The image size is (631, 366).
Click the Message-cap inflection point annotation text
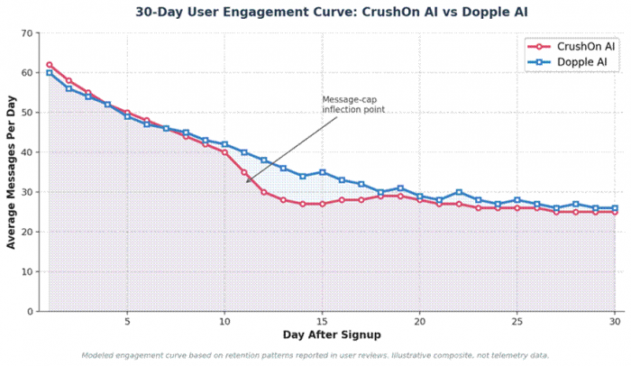click(353, 105)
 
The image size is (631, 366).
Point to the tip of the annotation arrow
click(246, 183)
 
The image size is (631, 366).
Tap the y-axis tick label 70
click(26, 33)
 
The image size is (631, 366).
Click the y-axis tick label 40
click(26, 152)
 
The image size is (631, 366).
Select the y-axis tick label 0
click(30, 312)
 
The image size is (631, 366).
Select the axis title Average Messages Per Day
click(10, 172)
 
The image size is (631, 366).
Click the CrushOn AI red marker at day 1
click(49, 65)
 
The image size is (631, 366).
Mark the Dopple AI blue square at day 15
click(322, 172)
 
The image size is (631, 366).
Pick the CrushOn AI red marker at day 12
click(263, 192)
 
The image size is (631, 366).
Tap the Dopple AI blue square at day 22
click(459, 192)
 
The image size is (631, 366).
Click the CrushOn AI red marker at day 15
click(322, 204)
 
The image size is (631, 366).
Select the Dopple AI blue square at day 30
click(615, 208)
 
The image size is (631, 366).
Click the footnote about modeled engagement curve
click(315, 355)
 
